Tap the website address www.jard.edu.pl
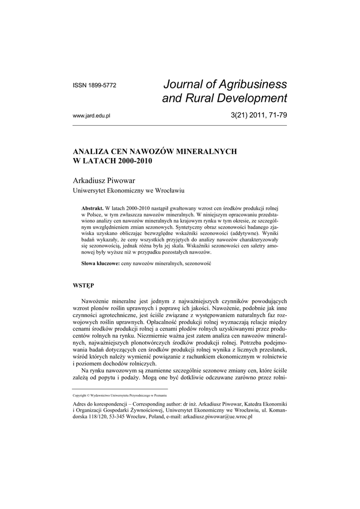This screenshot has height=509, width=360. (91, 116)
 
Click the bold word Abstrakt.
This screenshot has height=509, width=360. (92, 207)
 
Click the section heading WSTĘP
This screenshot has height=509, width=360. (84, 286)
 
